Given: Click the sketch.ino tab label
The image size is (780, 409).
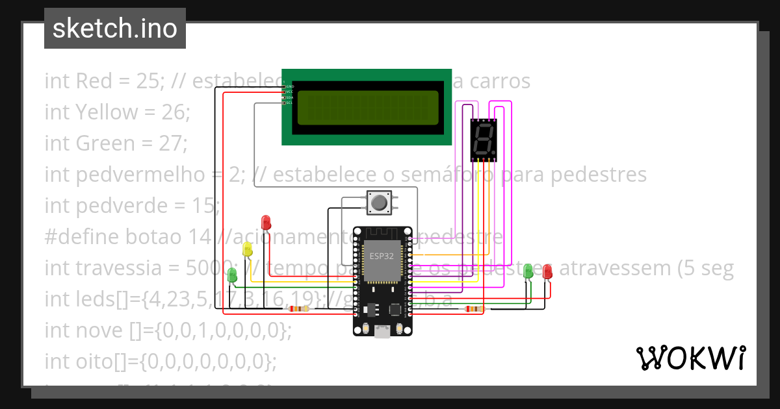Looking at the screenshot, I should point(115,29).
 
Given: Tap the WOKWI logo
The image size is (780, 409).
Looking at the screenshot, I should point(690,358).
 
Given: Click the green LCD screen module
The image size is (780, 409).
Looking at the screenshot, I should point(366,107).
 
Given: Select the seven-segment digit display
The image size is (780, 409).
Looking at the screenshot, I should point(484,139).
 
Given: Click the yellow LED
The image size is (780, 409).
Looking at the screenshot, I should point(247,249).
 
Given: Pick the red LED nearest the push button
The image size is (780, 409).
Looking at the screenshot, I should point(265,222).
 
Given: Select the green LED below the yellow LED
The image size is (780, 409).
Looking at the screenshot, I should point(232,275).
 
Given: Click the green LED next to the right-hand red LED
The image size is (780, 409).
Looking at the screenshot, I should point(528,271).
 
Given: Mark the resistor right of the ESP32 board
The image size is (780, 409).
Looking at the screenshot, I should point(473,309).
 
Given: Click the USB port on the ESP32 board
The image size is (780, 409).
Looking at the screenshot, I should point(382,332).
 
